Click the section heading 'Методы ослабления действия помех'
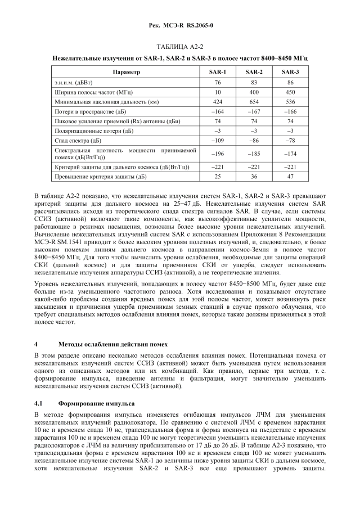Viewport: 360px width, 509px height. coord(112,343)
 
